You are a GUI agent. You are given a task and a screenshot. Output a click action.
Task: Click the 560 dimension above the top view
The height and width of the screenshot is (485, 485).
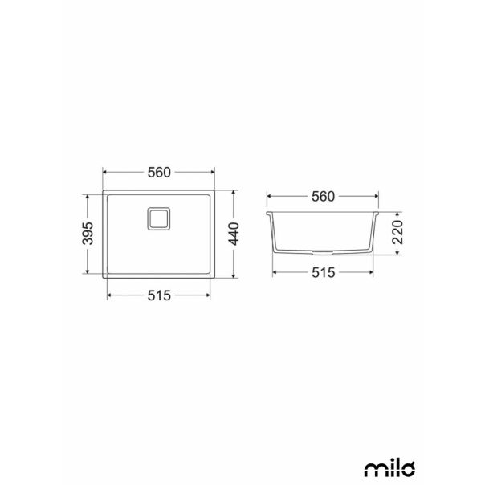tap(159, 173)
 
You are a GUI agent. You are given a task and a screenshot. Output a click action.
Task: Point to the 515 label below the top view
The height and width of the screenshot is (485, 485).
tap(159, 295)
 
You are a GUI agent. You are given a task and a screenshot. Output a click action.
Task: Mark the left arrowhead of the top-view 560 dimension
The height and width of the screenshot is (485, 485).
tap(106, 173)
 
